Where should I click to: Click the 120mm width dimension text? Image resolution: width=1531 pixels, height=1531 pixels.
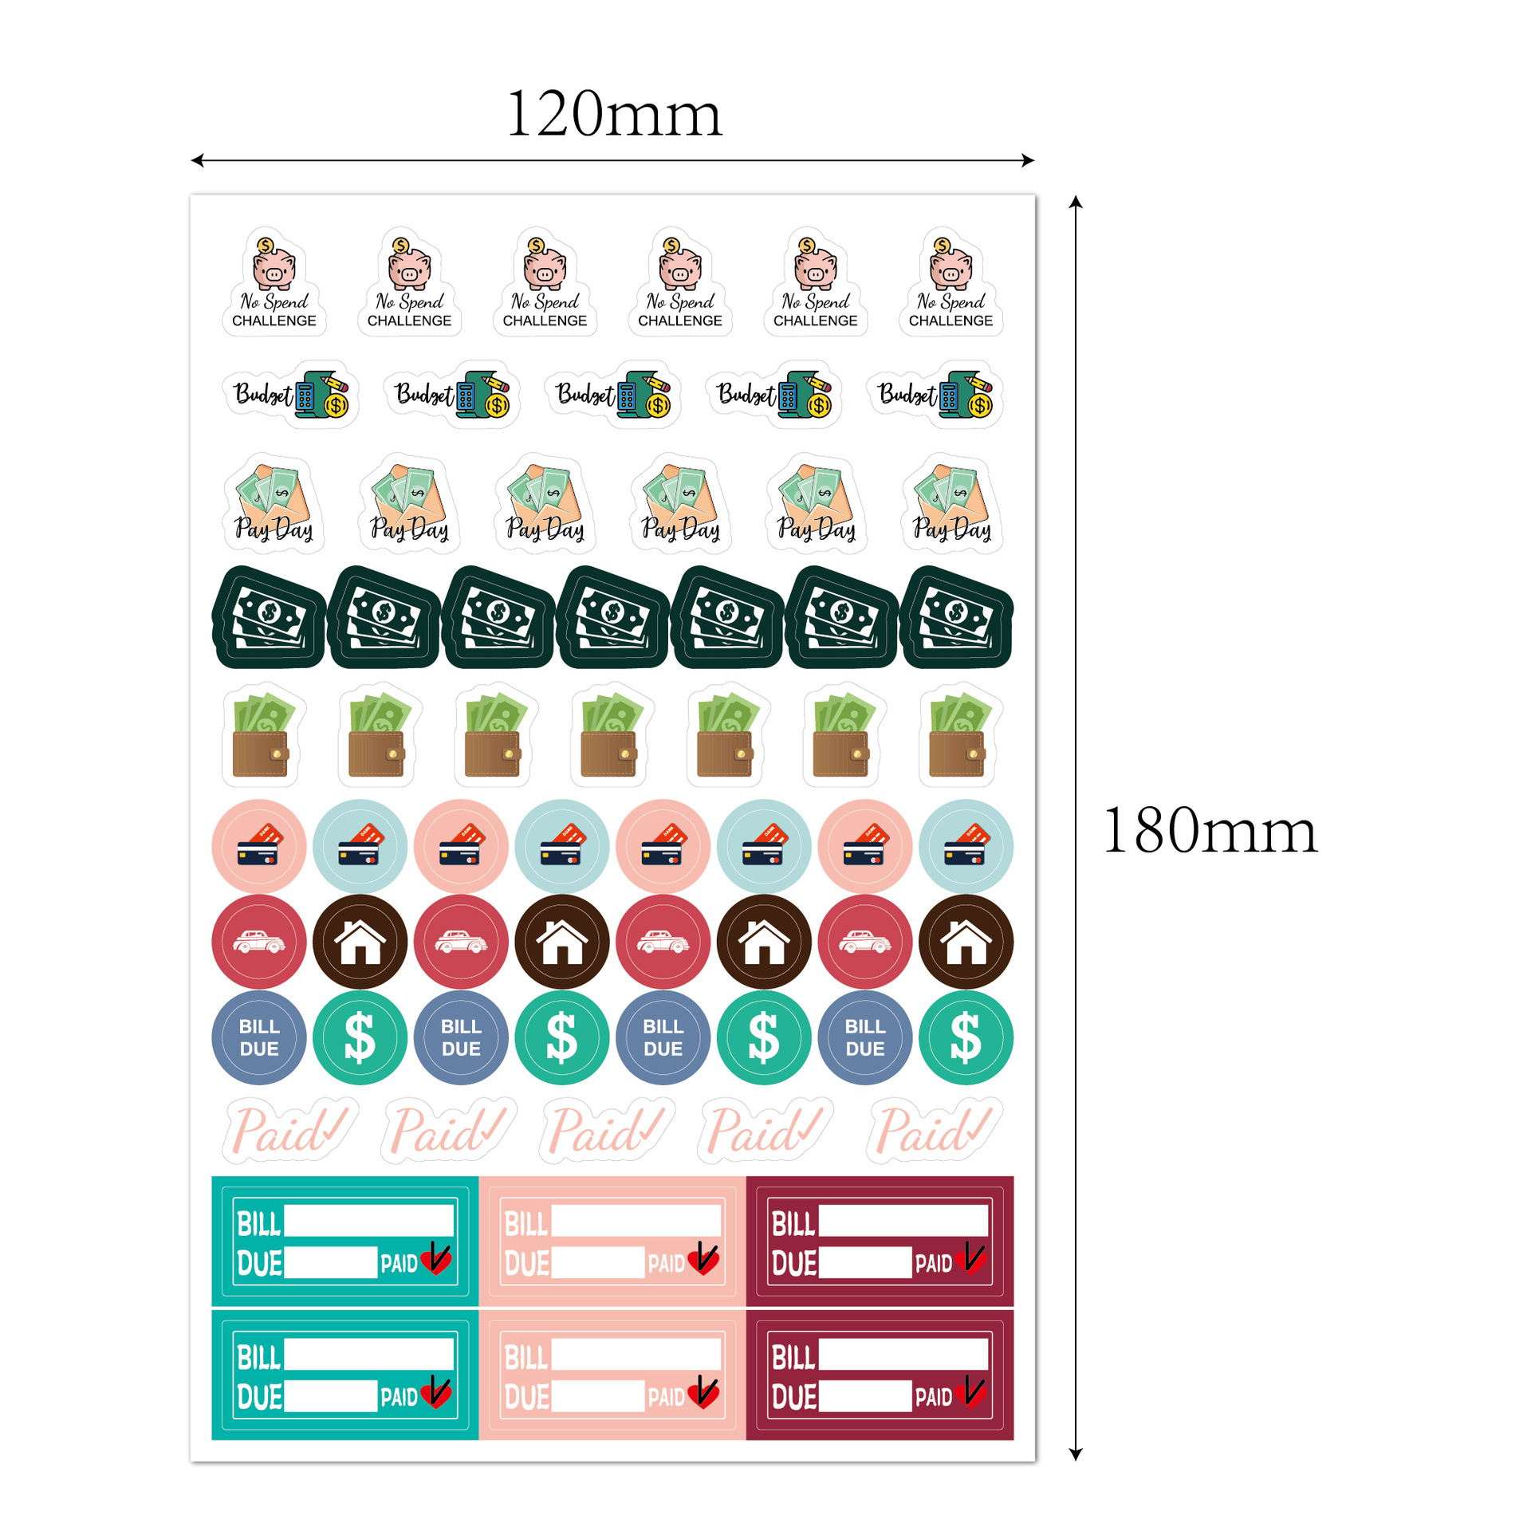click(613, 114)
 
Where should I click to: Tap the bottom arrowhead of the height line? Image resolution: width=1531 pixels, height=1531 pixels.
click(1075, 1454)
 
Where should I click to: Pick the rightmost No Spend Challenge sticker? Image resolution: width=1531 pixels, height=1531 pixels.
click(950, 281)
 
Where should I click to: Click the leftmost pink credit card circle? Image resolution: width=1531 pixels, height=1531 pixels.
click(259, 846)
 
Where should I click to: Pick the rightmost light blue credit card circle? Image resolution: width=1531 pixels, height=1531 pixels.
click(966, 846)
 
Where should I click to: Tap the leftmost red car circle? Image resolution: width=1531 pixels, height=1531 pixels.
click(259, 942)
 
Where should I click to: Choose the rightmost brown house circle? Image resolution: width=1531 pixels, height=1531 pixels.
click(966, 942)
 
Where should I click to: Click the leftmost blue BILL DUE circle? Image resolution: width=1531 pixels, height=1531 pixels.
click(259, 1037)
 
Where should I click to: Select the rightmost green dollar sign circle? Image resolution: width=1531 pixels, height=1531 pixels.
click(966, 1037)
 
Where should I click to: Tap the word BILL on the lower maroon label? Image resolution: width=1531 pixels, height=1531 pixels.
click(793, 1357)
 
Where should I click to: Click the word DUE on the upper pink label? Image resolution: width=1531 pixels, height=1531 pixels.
click(527, 1263)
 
